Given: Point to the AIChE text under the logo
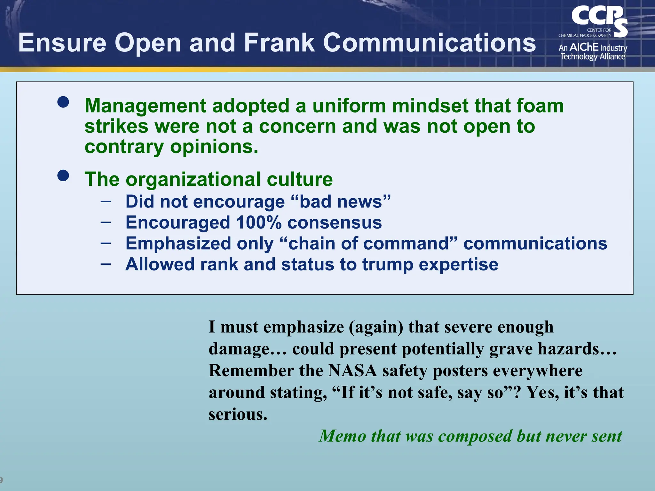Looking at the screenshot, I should tap(584, 47).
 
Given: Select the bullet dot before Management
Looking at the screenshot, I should tap(63, 102).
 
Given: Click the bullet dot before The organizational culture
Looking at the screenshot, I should tap(63, 175).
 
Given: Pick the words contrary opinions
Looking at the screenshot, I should tap(171, 147).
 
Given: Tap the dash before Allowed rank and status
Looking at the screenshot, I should tap(106, 264).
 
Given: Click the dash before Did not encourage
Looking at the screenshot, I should tap(106, 201).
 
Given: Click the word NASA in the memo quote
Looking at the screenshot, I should tap(352, 371).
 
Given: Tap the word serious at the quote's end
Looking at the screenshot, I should tap(237, 414).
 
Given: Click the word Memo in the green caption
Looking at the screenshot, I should tap(342, 436).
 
